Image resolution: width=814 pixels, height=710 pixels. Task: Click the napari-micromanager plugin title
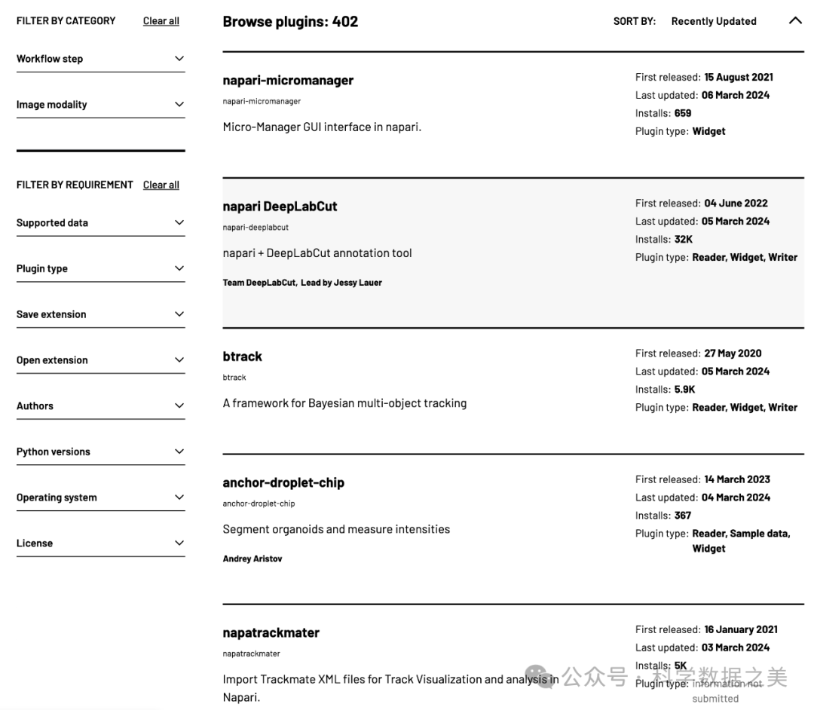[x=288, y=81]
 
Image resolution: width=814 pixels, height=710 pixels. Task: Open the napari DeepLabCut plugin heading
[x=280, y=207]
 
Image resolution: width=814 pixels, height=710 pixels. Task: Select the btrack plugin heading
[x=242, y=357]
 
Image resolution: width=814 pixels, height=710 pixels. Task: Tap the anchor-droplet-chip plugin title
[x=283, y=482]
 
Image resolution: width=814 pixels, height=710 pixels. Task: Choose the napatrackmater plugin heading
[x=271, y=633]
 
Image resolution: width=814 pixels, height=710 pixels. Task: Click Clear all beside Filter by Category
[x=161, y=21]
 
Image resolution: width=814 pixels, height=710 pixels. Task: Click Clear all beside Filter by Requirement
[x=161, y=185]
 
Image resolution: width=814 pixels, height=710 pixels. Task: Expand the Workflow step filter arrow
[x=179, y=59]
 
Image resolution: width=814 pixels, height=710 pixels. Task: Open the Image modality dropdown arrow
[x=179, y=105]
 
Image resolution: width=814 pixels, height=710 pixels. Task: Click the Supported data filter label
[x=52, y=223]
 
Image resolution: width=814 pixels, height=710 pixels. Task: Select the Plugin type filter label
[x=42, y=269]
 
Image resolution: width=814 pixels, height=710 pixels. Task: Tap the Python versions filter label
[x=54, y=452]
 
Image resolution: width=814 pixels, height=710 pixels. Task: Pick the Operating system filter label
[x=57, y=497]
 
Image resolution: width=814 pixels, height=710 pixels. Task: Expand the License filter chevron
[x=179, y=543]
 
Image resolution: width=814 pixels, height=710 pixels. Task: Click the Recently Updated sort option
[x=714, y=21]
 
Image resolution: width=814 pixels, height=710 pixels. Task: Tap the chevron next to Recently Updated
[x=795, y=21]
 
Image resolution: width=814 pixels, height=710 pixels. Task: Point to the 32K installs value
[x=684, y=240]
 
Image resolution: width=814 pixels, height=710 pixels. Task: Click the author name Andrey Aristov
[x=252, y=559]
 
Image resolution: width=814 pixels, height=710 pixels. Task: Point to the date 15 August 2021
[x=739, y=77]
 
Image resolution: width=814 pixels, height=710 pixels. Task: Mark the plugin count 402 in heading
[x=345, y=22]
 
